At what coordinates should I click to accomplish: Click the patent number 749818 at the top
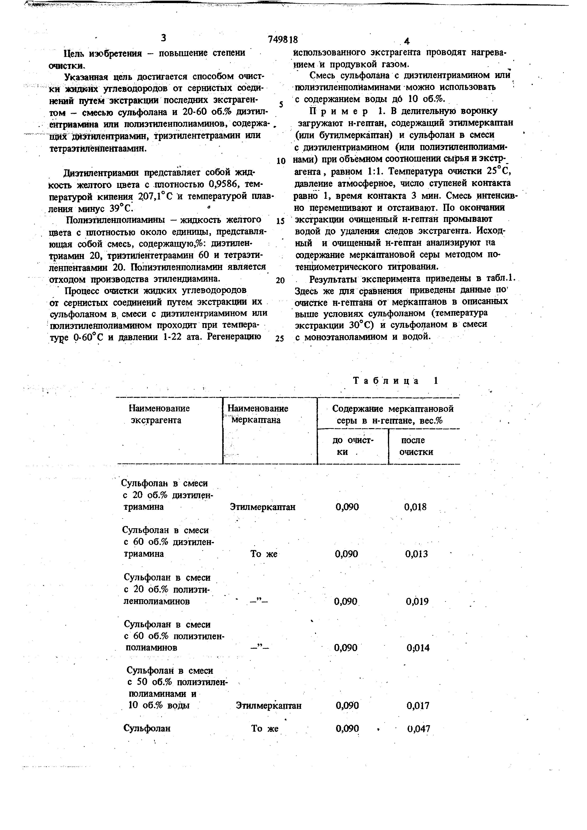coord(283,39)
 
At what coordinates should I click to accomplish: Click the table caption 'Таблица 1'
coord(395,381)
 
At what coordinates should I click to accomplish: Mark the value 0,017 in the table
coord(418,706)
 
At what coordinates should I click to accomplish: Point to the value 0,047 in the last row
coord(418,729)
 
